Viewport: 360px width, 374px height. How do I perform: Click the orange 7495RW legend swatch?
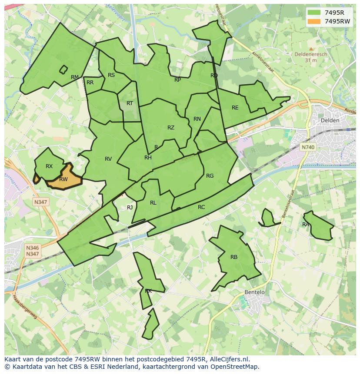tap(313, 21)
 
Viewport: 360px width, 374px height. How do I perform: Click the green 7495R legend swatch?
tap(313, 13)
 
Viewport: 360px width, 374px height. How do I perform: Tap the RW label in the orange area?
tap(63, 179)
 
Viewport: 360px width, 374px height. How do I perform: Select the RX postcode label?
tap(49, 166)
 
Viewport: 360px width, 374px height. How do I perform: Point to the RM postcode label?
tap(75, 77)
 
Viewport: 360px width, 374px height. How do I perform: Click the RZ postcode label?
tap(171, 128)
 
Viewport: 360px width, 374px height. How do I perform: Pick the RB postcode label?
tap(234, 257)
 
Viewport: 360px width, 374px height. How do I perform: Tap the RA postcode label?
tap(306, 225)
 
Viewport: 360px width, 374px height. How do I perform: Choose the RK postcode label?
tap(148, 291)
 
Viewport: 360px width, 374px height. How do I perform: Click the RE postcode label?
tap(235, 108)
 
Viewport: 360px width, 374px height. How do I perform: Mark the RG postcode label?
tap(210, 176)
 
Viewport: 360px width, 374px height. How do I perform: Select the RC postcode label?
tap(201, 207)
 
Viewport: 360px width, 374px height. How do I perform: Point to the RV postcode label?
tap(108, 159)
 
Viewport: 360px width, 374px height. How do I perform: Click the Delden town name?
tap(330, 120)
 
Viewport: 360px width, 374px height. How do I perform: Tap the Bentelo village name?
tap(254, 292)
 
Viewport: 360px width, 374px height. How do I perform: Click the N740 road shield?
tap(307, 147)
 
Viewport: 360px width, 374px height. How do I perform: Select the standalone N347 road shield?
tap(40, 202)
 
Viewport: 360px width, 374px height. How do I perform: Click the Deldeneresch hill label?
tap(310, 55)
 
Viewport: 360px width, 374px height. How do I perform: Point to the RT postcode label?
tap(130, 103)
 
